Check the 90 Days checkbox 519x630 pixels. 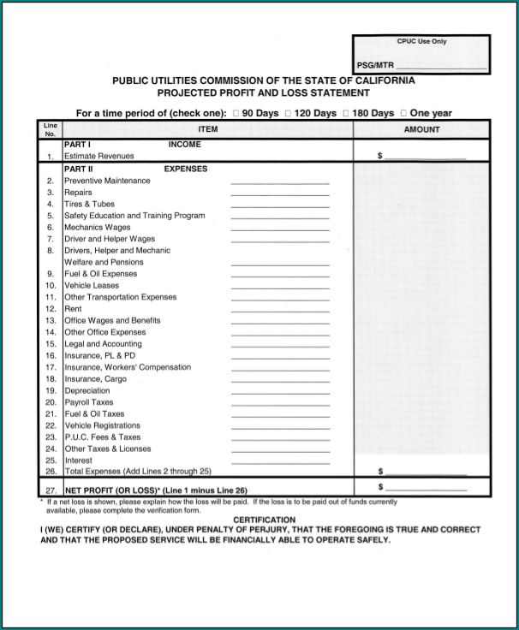pos(236,114)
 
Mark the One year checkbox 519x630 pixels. pos(403,114)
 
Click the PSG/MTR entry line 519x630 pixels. pos(441,67)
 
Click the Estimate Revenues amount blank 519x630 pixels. pos(426,157)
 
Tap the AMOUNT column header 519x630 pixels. pos(421,130)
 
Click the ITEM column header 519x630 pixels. pos(207,130)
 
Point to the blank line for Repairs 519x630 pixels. pos(280,194)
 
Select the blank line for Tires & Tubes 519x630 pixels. pos(280,206)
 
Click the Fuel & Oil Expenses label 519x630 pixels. pos(100,274)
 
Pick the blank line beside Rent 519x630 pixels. pos(280,311)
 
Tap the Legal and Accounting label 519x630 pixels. pos(103,343)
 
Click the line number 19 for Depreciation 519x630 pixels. pos(51,390)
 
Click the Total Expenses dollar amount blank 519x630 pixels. pos(426,472)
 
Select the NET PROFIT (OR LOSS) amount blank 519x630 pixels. pos(426,489)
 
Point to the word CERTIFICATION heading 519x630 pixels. pos(265,520)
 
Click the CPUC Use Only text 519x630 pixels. pos(421,41)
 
